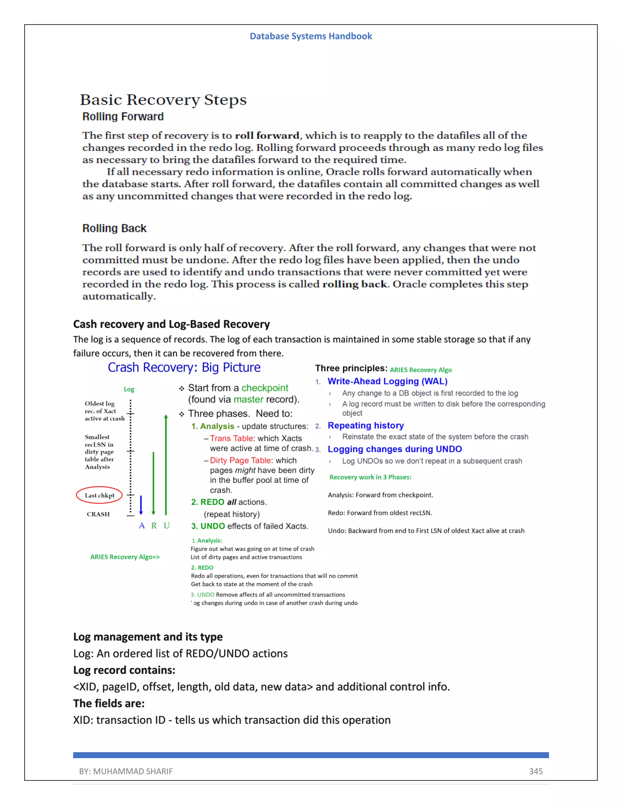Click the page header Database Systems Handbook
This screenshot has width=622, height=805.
tap(311, 36)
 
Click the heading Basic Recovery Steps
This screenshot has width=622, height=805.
tap(163, 100)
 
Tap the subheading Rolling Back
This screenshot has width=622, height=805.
tap(114, 228)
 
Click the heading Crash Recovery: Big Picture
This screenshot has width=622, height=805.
tap(184, 368)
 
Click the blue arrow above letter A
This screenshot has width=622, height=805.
tap(141, 505)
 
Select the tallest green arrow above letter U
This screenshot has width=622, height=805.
tap(166, 464)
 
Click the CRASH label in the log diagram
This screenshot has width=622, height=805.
tap(98, 514)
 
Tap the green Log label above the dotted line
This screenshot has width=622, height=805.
tap(129, 389)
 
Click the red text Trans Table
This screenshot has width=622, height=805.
tap(231, 438)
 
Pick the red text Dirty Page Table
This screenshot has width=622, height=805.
tap(240, 460)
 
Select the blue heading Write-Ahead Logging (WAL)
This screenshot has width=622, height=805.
tap(387, 381)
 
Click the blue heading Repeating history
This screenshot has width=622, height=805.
tap(366, 425)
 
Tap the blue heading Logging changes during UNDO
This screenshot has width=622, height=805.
tap(395, 449)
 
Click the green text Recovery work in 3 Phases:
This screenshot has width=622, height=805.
tap(370, 477)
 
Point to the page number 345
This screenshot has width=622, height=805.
tap(536, 771)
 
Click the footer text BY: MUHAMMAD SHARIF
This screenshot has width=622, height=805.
tap(126, 771)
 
